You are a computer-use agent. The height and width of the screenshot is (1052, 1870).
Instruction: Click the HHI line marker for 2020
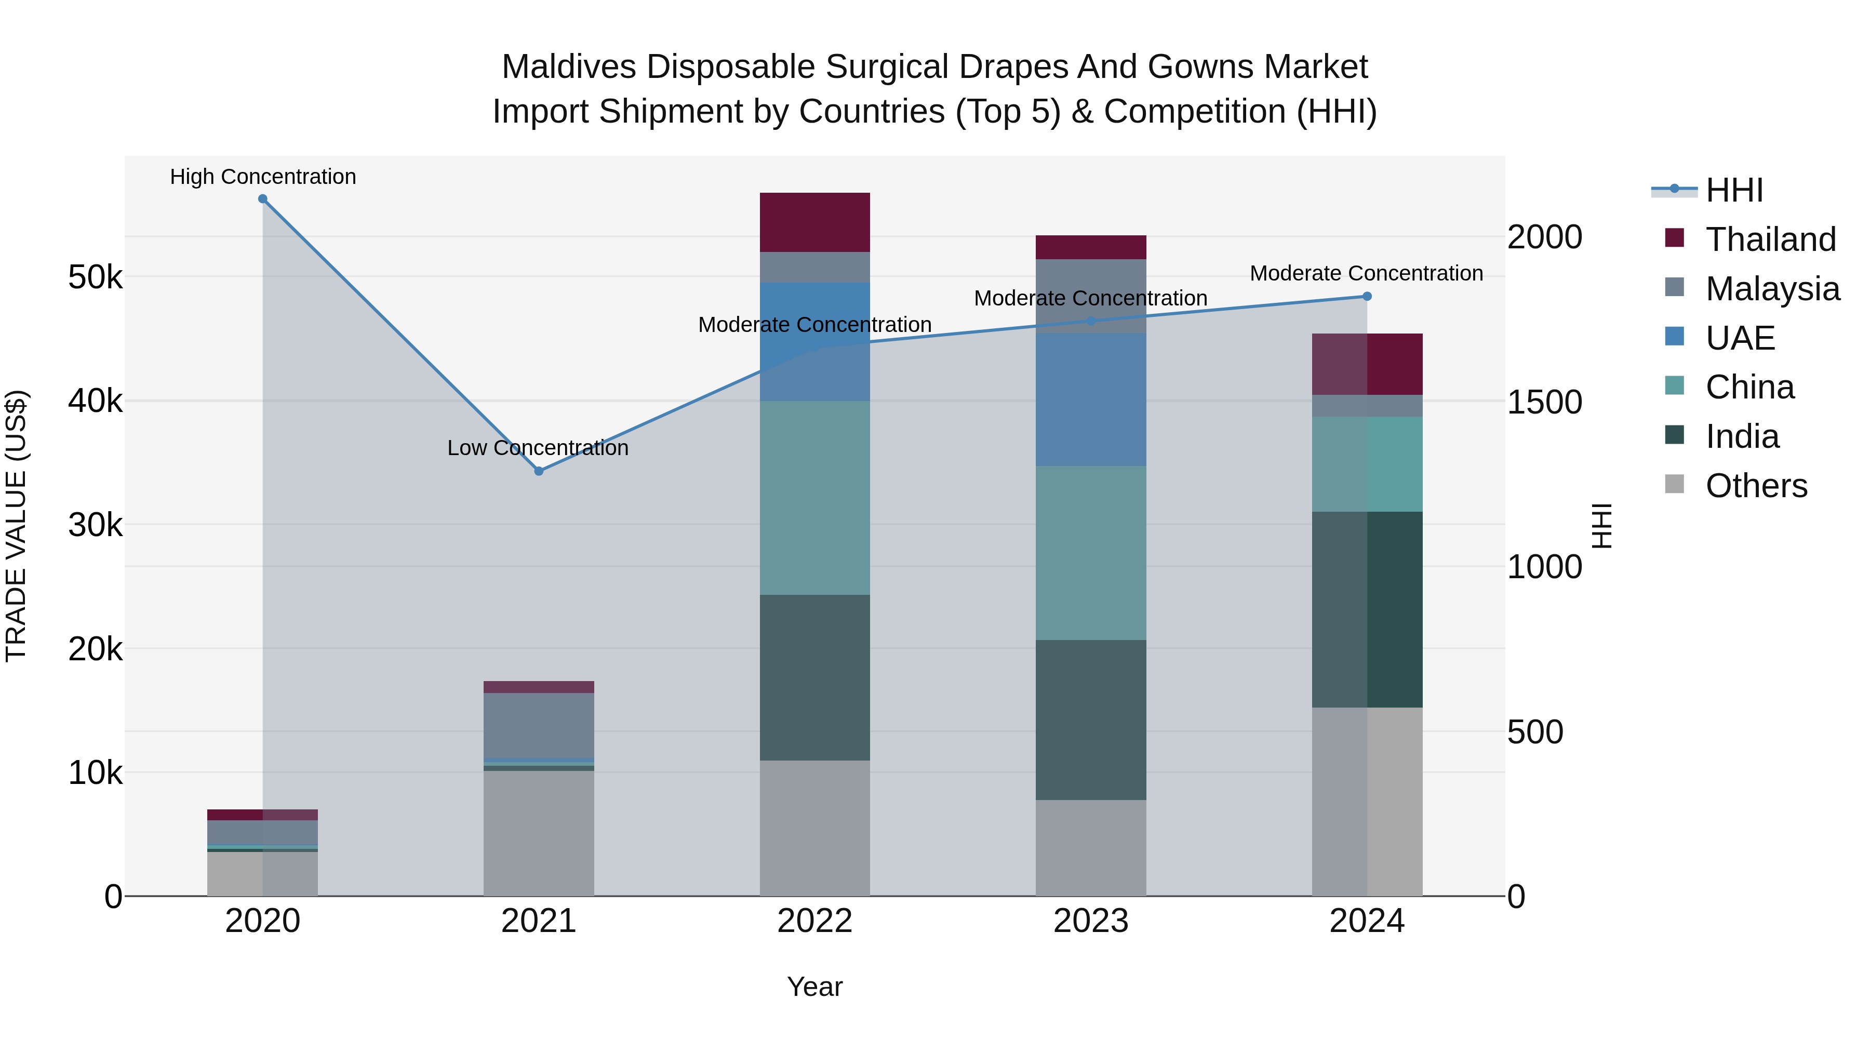coord(263,199)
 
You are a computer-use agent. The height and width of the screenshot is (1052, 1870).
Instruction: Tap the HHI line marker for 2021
coord(539,471)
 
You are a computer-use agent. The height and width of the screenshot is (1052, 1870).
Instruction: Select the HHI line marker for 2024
coord(1367,296)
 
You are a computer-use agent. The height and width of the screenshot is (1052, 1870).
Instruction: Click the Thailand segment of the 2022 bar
coord(814,222)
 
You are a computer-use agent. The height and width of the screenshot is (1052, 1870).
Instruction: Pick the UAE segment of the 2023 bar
coord(1090,400)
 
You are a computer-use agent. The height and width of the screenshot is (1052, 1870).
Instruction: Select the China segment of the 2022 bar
coord(814,498)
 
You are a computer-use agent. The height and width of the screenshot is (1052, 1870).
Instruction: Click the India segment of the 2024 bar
coord(1367,610)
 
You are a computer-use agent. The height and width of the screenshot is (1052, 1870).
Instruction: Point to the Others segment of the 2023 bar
coord(1090,848)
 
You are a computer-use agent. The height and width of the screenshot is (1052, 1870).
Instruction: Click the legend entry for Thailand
coord(1770,239)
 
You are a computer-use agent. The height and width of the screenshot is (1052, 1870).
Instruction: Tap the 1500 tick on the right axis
coord(1545,402)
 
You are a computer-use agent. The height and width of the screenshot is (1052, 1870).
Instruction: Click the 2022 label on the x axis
coord(814,921)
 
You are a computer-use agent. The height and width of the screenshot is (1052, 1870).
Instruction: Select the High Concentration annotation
coord(263,177)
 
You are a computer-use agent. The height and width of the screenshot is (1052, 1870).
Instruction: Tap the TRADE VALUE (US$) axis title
coord(16,526)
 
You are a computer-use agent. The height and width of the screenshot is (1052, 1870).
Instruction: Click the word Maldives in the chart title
coord(568,67)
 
